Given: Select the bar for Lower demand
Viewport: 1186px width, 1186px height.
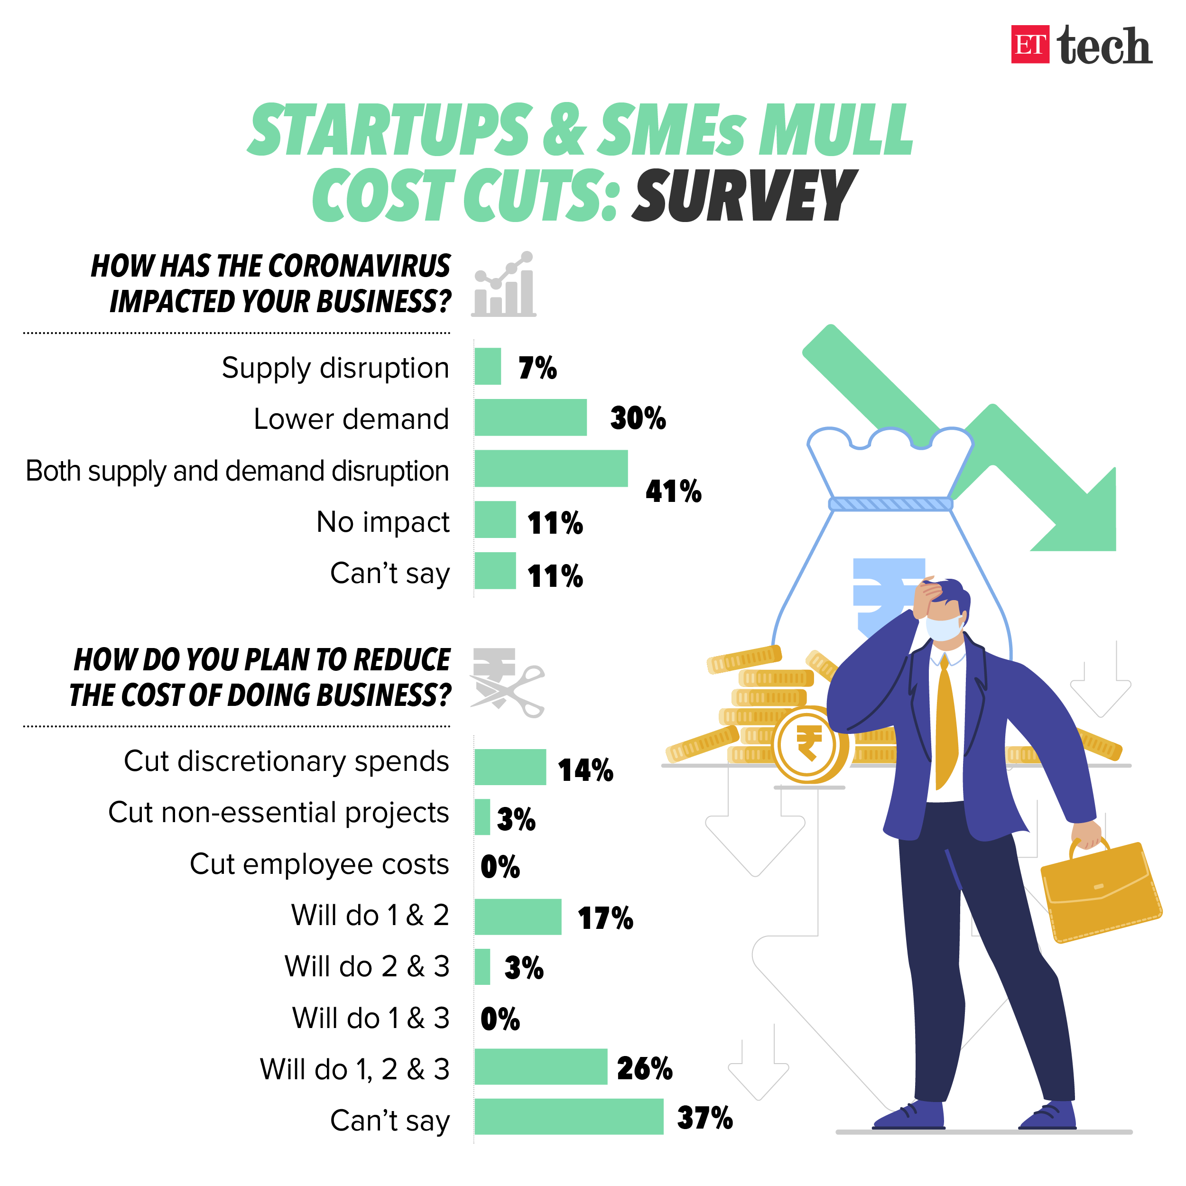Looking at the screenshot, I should point(530,417).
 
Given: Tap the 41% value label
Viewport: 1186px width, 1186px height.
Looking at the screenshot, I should point(674,491).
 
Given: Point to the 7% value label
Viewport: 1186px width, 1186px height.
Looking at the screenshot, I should point(537,368).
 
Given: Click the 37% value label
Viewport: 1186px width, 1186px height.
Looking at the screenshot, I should point(705,1118).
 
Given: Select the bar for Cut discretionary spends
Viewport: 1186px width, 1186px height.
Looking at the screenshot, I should point(510,767).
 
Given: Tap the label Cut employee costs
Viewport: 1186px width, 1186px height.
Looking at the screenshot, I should point(319,864).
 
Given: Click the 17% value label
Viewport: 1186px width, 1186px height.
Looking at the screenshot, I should point(605,918).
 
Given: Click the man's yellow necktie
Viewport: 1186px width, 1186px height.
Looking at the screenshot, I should point(946,724).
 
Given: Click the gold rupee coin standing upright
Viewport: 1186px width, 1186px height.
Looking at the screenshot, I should point(809,745).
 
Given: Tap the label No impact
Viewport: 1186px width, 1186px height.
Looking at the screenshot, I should point(383,522).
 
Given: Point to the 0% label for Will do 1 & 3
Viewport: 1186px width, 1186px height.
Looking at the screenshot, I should point(500,1019).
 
